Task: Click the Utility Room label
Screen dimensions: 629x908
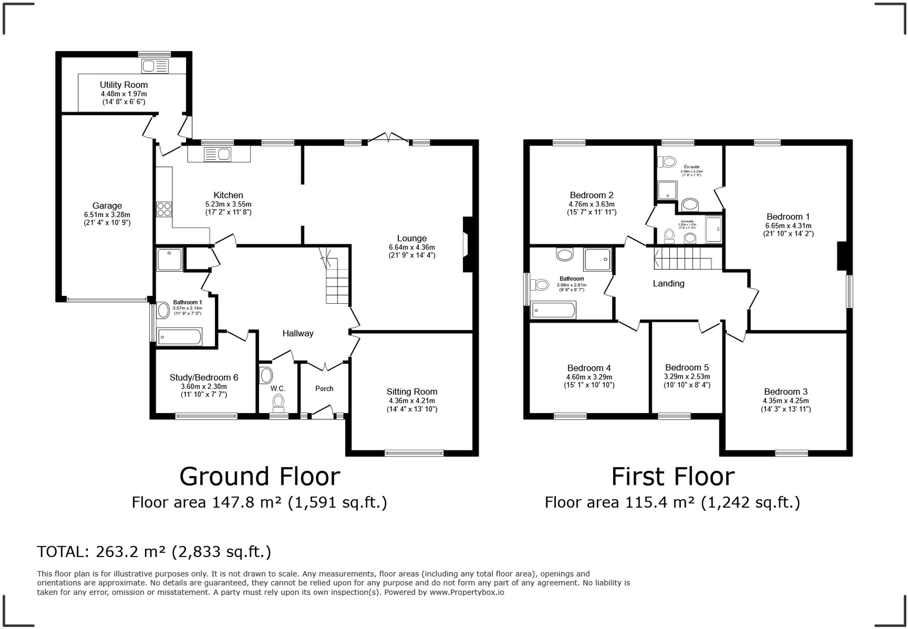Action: click(124, 85)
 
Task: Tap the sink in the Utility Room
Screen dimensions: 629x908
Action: click(155, 67)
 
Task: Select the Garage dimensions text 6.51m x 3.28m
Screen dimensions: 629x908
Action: click(107, 214)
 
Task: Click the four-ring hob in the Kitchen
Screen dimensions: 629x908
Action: click(164, 209)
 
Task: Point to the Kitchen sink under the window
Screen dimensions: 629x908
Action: click(218, 154)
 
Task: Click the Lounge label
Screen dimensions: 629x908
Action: click(412, 238)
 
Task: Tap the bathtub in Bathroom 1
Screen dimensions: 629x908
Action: click(180, 336)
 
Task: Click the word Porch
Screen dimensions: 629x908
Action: click(324, 388)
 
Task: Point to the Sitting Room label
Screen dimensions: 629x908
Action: click(412, 392)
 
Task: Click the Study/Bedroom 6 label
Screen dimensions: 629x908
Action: click(204, 377)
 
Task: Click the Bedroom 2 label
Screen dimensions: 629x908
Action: click(591, 195)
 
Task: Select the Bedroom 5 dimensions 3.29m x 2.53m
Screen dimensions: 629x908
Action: click(687, 376)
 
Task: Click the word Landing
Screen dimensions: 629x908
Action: click(668, 283)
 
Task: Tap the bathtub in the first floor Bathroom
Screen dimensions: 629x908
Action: click(554, 310)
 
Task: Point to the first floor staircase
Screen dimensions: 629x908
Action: click(682, 259)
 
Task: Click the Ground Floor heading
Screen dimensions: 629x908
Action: click(260, 476)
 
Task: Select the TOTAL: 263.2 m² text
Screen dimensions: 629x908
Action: click(154, 552)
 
